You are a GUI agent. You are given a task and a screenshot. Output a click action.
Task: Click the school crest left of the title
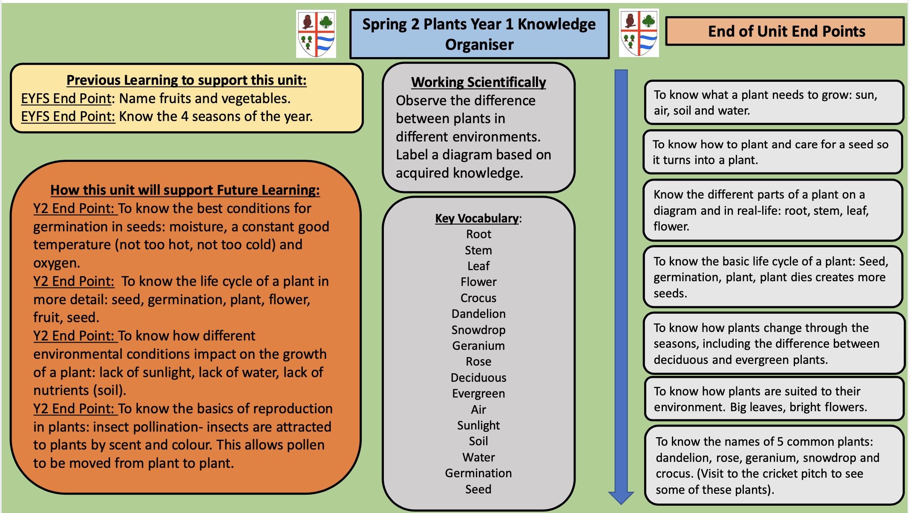coord(316,34)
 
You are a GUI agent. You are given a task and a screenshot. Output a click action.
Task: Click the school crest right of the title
coord(639,33)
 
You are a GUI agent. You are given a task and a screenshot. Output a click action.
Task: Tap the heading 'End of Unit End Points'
coord(786,31)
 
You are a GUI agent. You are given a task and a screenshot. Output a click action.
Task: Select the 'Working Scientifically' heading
coord(478,82)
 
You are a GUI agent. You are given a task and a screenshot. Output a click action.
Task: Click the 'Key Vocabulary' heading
coord(477,218)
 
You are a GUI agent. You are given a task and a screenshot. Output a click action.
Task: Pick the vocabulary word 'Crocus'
coord(478,298)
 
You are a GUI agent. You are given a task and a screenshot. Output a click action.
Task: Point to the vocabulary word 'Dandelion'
coord(478,314)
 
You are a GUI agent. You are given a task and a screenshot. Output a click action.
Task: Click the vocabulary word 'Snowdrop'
coord(478,330)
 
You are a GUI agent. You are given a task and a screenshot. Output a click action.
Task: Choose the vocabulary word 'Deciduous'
coord(478,378)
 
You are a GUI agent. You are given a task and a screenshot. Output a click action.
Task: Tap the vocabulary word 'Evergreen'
coord(478,393)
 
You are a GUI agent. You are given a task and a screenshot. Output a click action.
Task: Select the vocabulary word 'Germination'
coord(478,473)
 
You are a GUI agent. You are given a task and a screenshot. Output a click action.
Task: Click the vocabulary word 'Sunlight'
coord(478,425)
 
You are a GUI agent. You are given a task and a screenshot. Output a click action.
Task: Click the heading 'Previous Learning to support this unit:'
coord(187,80)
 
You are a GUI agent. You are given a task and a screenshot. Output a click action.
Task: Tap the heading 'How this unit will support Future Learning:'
coord(185,190)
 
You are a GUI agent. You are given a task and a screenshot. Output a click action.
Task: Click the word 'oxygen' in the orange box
coord(56,263)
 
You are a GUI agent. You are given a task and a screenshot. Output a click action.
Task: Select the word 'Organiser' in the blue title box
coord(479,44)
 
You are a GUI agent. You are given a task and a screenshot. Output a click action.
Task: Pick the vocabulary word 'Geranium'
coord(478,346)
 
